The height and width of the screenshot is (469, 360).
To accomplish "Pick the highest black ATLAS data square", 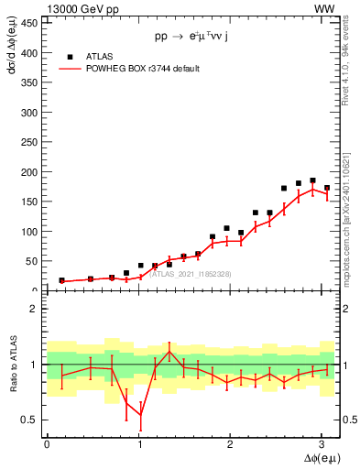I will [x=312, y=180].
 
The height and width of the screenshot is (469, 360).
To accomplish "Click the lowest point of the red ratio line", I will [x=140, y=415].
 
